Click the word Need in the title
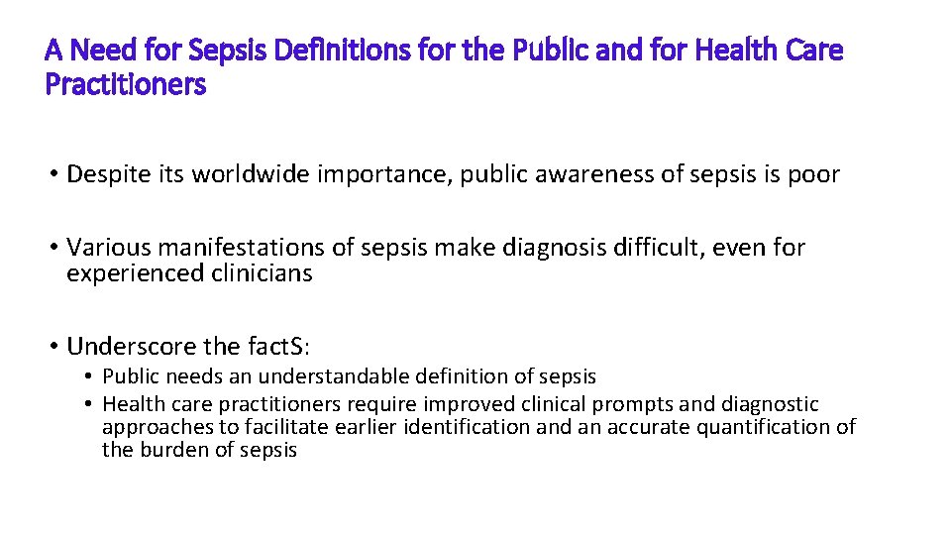click(x=100, y=50)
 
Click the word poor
click(x=813, y=175)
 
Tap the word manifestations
click(x=236, y=248)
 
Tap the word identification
click(x=475, y=427)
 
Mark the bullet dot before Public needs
click(x=88, y=377)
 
